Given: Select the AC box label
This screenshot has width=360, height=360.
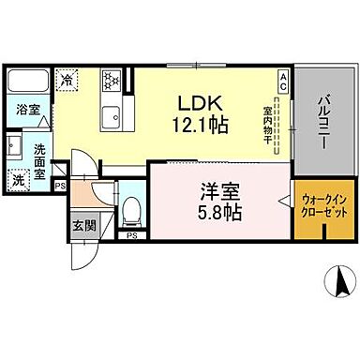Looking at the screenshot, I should click(283, 79).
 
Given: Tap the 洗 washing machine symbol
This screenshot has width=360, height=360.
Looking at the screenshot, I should click(20, 178).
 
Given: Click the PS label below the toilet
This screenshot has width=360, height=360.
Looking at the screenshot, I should click(132, 234).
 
